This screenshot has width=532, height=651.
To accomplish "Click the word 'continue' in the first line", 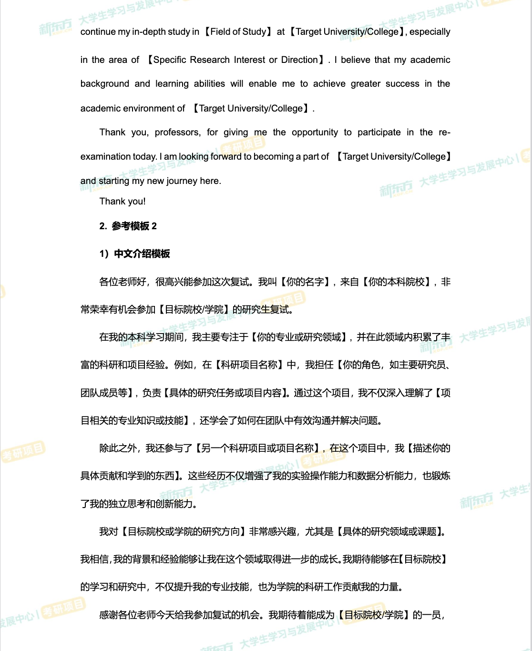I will click(98, 32).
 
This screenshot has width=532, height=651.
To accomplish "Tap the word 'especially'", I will click(430, 32).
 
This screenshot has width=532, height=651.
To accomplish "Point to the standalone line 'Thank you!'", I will click(123, 202).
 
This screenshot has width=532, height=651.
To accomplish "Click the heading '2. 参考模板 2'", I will click(128, 226).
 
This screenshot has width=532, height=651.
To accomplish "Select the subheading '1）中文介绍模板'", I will click(134, 254).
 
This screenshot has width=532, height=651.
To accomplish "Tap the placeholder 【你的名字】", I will click(305, 282).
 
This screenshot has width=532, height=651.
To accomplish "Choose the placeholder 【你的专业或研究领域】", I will click(299, 337).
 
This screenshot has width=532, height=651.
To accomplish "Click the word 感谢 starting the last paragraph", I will click(109, 615).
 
